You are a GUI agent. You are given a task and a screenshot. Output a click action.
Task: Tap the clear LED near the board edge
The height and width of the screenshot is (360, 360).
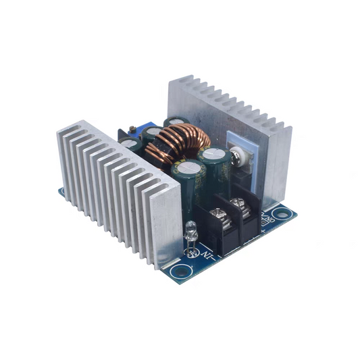coord(190,230)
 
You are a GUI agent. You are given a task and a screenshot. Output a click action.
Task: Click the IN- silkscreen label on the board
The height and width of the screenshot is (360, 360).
coord(211,255)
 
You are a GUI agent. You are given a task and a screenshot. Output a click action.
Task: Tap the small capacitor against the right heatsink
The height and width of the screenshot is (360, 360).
coord(175,124)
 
